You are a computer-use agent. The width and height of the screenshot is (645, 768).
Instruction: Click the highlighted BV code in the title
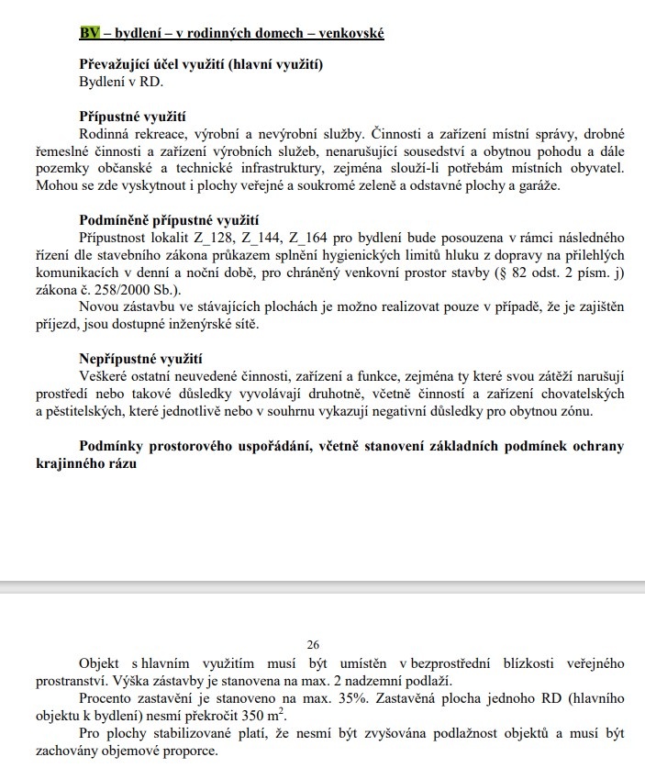click(89, 34)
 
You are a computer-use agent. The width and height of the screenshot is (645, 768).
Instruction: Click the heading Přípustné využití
click(132, 117)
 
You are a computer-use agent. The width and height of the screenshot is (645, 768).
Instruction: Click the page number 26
click(322, 646)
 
